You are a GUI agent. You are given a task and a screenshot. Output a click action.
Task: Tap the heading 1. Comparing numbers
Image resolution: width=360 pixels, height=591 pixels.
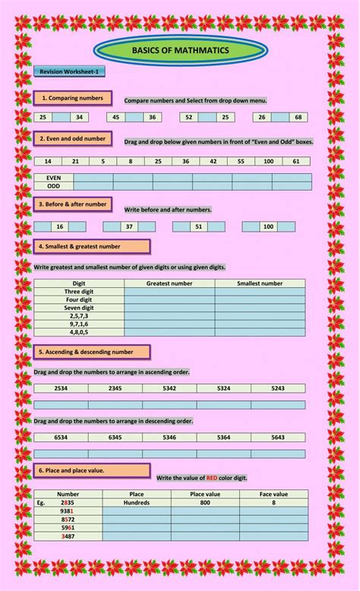pyautogui.click(x=72, y=98)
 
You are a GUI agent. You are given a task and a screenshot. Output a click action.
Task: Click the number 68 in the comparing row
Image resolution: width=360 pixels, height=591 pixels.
pyautogui.click(x=298, y=117)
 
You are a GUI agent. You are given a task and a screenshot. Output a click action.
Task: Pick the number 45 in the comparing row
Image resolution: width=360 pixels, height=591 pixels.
pyautogui.click(x=116, y=117)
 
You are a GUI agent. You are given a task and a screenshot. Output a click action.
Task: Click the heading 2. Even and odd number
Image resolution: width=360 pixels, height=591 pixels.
pyautogui.click(x=73, y=139)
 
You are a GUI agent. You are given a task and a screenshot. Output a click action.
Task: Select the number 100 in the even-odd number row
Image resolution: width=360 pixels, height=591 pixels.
pyautogui.click(x=269, y=161)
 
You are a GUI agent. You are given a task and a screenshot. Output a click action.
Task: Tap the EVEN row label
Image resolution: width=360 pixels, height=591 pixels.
pyautogui.click(x=54, y=178)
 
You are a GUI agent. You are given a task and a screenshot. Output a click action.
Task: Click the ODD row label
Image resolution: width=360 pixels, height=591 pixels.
pyautogui.click(x=54, y=185)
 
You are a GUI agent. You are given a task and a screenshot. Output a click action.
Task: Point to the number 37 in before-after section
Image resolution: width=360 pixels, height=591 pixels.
pyautogui.click(x=129, y=226)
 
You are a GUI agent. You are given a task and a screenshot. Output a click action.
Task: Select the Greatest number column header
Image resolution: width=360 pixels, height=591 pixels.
pyautogui.click(x=169, y=283)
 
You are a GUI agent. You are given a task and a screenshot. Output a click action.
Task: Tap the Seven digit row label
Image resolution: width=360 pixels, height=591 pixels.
pyautogui.click(x=78, y=307)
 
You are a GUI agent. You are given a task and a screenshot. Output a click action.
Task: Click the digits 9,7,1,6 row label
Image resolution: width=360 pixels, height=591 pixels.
pyautogui.click(x=78, y=324)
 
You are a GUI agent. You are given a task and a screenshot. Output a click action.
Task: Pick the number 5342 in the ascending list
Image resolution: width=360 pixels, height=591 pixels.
pyautogui.click(x=169, y=388)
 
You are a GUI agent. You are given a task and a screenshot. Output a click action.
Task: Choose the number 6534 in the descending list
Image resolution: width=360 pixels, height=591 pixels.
pyautogui.click(x=61, y=438)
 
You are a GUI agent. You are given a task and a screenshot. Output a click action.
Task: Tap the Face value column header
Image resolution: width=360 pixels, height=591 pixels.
pyautogui.click(x=273, y=494)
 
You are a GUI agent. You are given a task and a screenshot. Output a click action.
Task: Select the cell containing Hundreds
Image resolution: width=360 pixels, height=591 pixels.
pyautogui.click(x=137, y=502)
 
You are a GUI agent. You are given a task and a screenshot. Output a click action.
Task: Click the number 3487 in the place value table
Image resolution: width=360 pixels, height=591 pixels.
pyautogui.click(x=68, y=536)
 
